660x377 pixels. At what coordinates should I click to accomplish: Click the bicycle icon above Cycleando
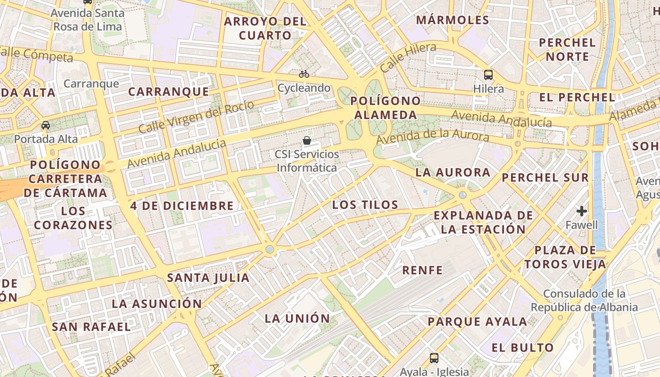[x=304, y=74]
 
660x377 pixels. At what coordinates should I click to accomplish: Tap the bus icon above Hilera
[x=488, y=74]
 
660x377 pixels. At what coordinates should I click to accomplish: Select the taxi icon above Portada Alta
[x=46, y=125]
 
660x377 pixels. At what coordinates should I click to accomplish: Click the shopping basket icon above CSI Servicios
[x=307, y=140]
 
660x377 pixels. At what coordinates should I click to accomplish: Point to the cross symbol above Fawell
[x=582, y=211]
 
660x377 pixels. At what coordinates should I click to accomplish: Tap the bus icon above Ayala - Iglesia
[x=434, y=358]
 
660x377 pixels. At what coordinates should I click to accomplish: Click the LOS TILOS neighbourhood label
[x=365, y=205]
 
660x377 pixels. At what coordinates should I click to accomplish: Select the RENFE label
[x=422, y=270]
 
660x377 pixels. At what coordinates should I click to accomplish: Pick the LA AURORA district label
[x=453, y=172]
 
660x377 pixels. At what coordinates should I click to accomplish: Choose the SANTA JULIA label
[x=208, y=278]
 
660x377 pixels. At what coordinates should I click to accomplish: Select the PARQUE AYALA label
[x=477, y=322]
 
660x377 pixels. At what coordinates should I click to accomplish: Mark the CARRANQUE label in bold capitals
[x=168, y=91]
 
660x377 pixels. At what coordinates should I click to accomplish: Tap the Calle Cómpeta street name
[x=37, y=54]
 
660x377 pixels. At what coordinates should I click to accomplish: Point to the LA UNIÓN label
[x=297, y=318]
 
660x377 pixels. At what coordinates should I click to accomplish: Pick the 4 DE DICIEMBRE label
[x=182, y=206]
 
